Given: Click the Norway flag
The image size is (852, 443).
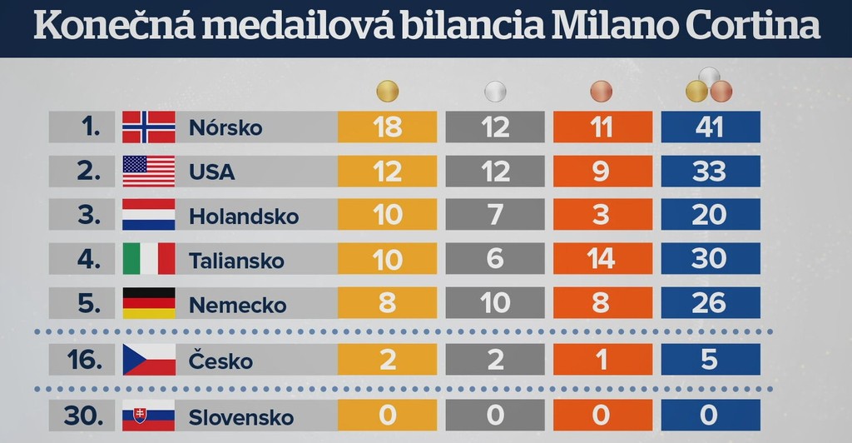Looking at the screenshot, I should [149, 127].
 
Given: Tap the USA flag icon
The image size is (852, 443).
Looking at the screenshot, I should [149, 171].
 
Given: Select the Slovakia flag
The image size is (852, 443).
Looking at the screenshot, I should [149, 416].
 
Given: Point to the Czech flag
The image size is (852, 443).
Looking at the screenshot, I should [149, 360].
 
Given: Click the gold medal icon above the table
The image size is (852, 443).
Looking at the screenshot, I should [387, 90].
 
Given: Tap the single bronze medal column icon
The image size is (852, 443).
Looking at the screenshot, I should [602, 90].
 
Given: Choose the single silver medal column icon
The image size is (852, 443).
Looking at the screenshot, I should [495, 90].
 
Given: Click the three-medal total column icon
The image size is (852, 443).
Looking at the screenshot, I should [709, 86].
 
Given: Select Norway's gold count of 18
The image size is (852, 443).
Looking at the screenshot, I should [387, 127].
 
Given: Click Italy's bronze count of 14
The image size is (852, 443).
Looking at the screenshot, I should [602, 258].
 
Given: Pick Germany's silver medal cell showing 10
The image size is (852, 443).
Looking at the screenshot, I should [495, 302].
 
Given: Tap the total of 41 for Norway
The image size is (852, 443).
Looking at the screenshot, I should [710, 127].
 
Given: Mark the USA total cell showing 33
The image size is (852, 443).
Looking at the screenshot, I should [710, 171].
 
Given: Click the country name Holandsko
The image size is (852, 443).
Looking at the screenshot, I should [244, 216].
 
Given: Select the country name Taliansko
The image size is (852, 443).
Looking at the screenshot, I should [237, 260].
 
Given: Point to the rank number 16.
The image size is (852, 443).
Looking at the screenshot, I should [87, 361].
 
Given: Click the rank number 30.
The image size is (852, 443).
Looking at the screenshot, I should [87, 416].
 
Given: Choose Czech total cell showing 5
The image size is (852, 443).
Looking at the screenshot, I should [710, 360].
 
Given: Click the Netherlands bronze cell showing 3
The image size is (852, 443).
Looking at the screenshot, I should [602, 215].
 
